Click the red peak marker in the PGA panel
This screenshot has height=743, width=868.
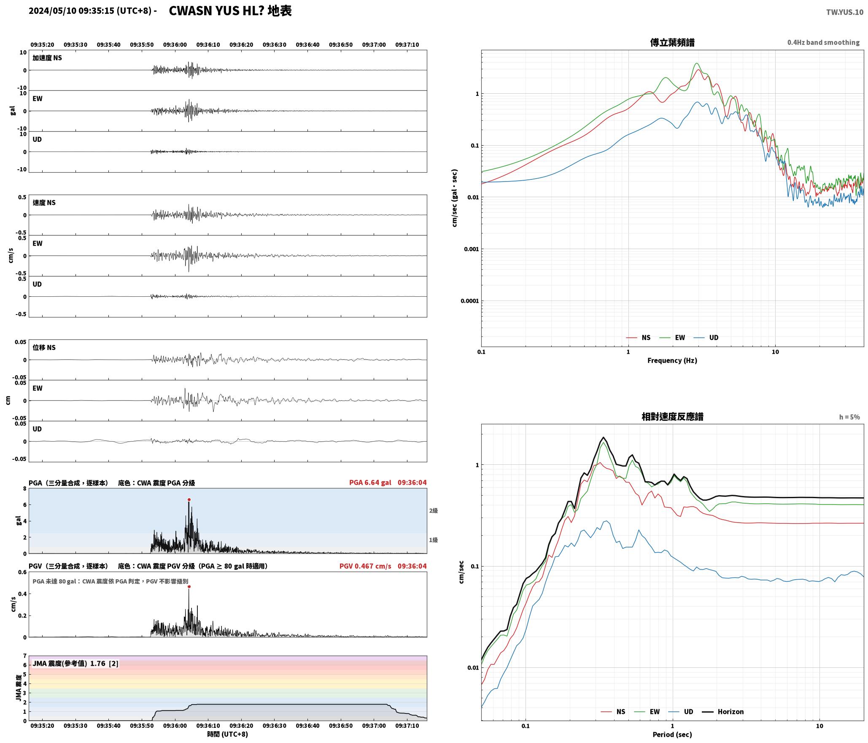(189, 499)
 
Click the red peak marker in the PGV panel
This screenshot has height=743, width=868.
(189, 586)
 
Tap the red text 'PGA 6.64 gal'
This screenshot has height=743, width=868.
(370, 483)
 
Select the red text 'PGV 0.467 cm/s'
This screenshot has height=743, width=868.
(365, 566)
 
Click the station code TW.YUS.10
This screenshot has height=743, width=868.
(844, 12)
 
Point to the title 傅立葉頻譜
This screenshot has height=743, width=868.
(672, 42)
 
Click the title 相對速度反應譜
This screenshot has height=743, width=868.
(672, 417)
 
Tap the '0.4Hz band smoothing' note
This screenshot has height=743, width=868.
(823, 43)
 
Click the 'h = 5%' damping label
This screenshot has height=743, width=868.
(849, 417)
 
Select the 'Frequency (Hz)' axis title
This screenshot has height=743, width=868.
(672, 361)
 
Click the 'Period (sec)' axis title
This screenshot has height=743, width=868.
(672, 735)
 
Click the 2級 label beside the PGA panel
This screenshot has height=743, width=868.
(434, 511)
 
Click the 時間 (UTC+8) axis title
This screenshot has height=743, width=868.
(228, 734)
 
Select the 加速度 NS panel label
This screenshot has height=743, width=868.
(47, 58)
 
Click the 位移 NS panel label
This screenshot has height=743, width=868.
(44, 347)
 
